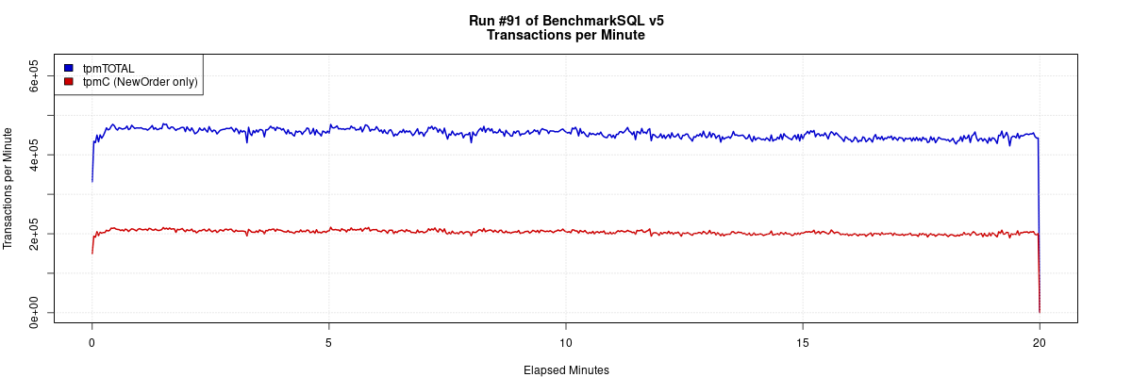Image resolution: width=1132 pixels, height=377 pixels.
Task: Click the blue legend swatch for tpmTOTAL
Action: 69,68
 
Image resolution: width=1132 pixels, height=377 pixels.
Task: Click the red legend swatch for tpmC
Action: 69,82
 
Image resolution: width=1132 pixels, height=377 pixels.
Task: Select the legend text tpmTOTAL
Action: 108,68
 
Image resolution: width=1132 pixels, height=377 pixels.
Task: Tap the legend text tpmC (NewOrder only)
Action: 141,82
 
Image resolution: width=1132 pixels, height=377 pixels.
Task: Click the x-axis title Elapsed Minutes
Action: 566,370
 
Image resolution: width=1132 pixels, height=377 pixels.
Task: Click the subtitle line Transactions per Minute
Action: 566,35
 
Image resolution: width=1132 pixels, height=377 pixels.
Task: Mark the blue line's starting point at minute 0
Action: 92,181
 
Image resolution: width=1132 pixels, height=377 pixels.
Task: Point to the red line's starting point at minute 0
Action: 92,253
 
